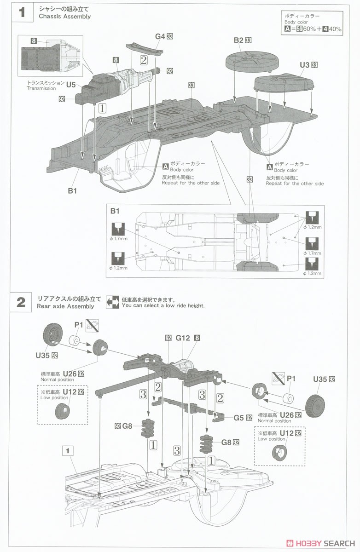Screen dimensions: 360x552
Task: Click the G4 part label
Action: (160, 36)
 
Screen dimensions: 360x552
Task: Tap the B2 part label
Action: (238, 40)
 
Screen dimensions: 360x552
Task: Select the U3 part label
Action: (304, 65)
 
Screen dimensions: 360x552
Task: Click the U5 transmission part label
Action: (71, 85)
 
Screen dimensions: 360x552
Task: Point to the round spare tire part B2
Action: (251, 60)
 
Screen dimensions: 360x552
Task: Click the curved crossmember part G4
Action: (145, 49)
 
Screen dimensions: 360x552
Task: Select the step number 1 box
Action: (22, 12)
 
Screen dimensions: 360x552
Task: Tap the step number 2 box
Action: (21, 302)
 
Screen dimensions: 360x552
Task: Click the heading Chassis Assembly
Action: (65, 17)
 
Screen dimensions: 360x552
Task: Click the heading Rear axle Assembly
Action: (65, 306)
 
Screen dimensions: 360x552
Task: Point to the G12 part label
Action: (183, 338)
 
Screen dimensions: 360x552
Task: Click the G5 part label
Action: (238, 418)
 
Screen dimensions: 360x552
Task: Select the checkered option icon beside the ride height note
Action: (113, 302)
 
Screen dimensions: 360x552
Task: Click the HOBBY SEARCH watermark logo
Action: (320, 543)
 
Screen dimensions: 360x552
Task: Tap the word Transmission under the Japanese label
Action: (41, 88)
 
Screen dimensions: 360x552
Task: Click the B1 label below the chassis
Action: (72, 191)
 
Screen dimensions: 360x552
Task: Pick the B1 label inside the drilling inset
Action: (115, 211)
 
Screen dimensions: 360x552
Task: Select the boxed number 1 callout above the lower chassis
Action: (68, 451)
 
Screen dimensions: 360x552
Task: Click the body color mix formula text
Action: (313, 29)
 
